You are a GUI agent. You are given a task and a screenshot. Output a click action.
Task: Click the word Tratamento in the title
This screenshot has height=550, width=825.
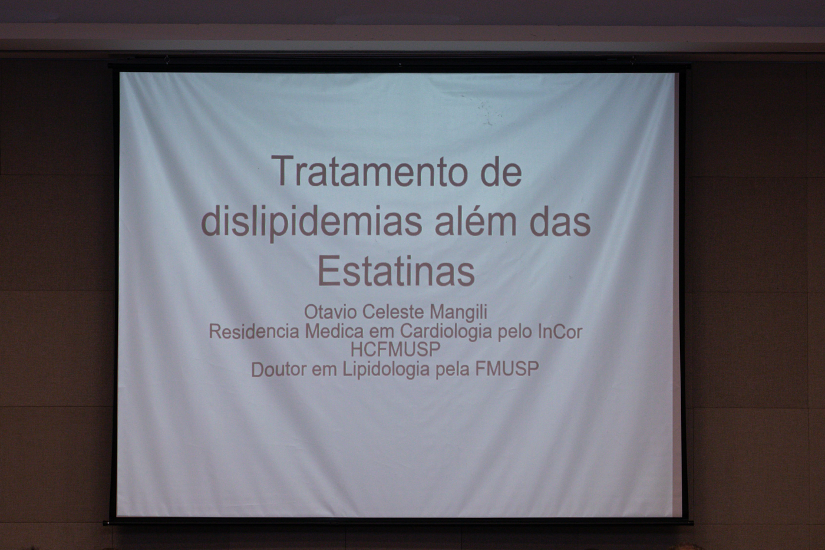coord(369,172)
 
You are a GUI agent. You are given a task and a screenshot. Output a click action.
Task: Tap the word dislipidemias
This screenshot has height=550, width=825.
coord(311,223)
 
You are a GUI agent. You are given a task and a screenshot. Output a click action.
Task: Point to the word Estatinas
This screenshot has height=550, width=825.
coord(396,270)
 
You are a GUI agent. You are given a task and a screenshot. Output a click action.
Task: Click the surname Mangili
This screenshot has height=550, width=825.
coord(458,312)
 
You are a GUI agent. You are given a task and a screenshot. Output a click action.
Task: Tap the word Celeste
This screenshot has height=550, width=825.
coord(393,312)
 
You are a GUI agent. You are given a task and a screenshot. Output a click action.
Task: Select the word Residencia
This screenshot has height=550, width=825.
coord(254,331)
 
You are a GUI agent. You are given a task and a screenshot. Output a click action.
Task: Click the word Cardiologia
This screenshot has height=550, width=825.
coord(446,331)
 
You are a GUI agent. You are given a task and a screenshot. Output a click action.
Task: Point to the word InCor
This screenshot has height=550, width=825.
coord(560,331)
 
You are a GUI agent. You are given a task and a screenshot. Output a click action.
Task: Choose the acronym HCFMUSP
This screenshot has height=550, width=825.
coord(395,349)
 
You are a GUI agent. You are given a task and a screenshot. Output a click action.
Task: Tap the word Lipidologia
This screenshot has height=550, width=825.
coord(386,370)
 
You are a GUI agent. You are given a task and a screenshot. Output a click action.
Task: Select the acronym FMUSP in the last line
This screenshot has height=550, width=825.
coord(507,369)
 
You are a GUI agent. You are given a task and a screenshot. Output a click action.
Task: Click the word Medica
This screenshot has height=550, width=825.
coord(335,331)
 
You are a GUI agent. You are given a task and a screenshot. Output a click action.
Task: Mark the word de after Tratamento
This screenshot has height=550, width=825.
coord(501,172)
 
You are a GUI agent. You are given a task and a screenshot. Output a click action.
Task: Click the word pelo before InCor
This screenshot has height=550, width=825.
coord(515,331)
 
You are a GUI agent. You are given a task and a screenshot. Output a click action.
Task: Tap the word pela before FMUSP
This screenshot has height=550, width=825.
coord(453,370)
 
